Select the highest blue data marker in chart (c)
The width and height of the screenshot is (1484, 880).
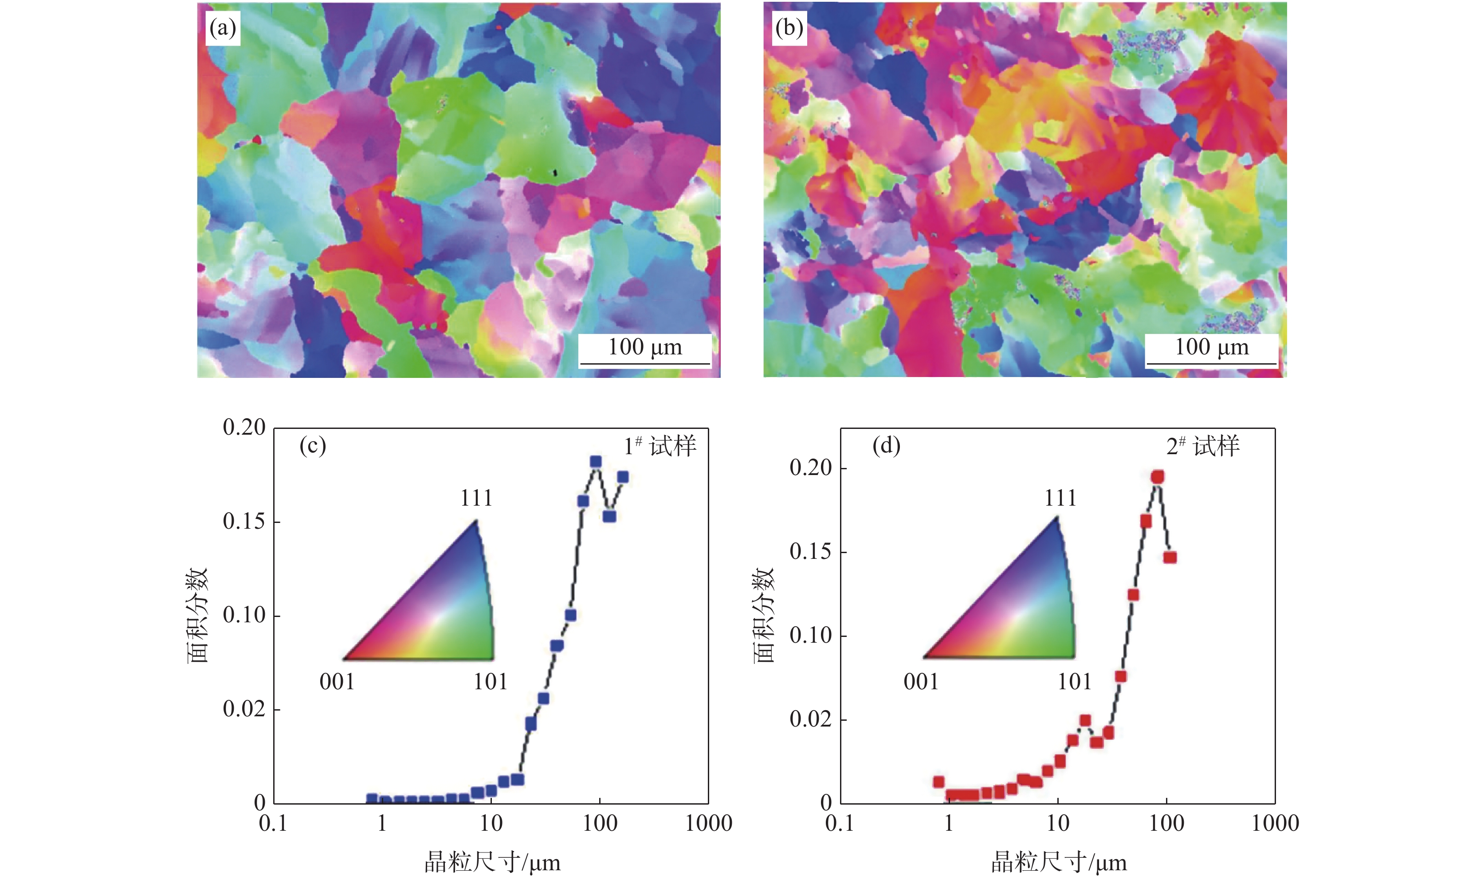click(596, 461)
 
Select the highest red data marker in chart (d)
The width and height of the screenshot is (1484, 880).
click(1157, 477)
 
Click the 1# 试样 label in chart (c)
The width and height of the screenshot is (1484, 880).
click(660, 446)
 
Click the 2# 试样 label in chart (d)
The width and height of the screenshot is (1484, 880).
click(1203, 446)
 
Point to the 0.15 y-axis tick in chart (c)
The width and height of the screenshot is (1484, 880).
click(243, 522)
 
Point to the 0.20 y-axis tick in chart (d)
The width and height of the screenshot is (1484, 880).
click(810, 468)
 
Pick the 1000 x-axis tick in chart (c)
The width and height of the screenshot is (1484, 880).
click(708, 824)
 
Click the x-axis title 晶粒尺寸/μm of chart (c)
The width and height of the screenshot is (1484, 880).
click(492, 862)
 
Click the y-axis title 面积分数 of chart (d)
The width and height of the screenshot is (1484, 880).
click(764, 615)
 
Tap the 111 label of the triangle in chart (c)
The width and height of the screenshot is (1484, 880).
click(476, 498)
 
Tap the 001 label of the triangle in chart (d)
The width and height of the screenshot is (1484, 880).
click(921, 682)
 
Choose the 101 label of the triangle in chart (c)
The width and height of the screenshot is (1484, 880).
click(491, 682)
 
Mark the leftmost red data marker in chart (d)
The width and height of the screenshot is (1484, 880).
click(938, 782)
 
